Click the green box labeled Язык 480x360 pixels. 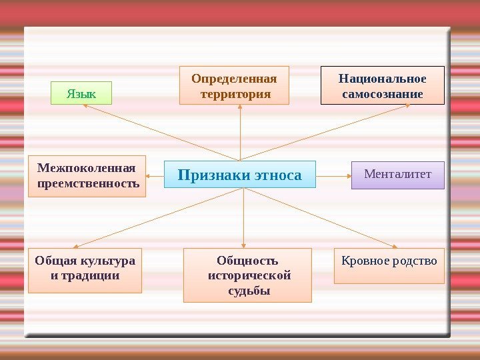81,93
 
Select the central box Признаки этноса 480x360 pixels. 239,175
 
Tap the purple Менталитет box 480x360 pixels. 397,175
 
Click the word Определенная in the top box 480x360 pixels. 234,79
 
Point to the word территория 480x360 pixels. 235,94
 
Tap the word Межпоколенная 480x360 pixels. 81,167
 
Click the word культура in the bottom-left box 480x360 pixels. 107,260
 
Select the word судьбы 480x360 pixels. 248,291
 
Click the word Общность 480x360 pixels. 247,260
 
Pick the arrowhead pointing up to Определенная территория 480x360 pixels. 239,108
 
